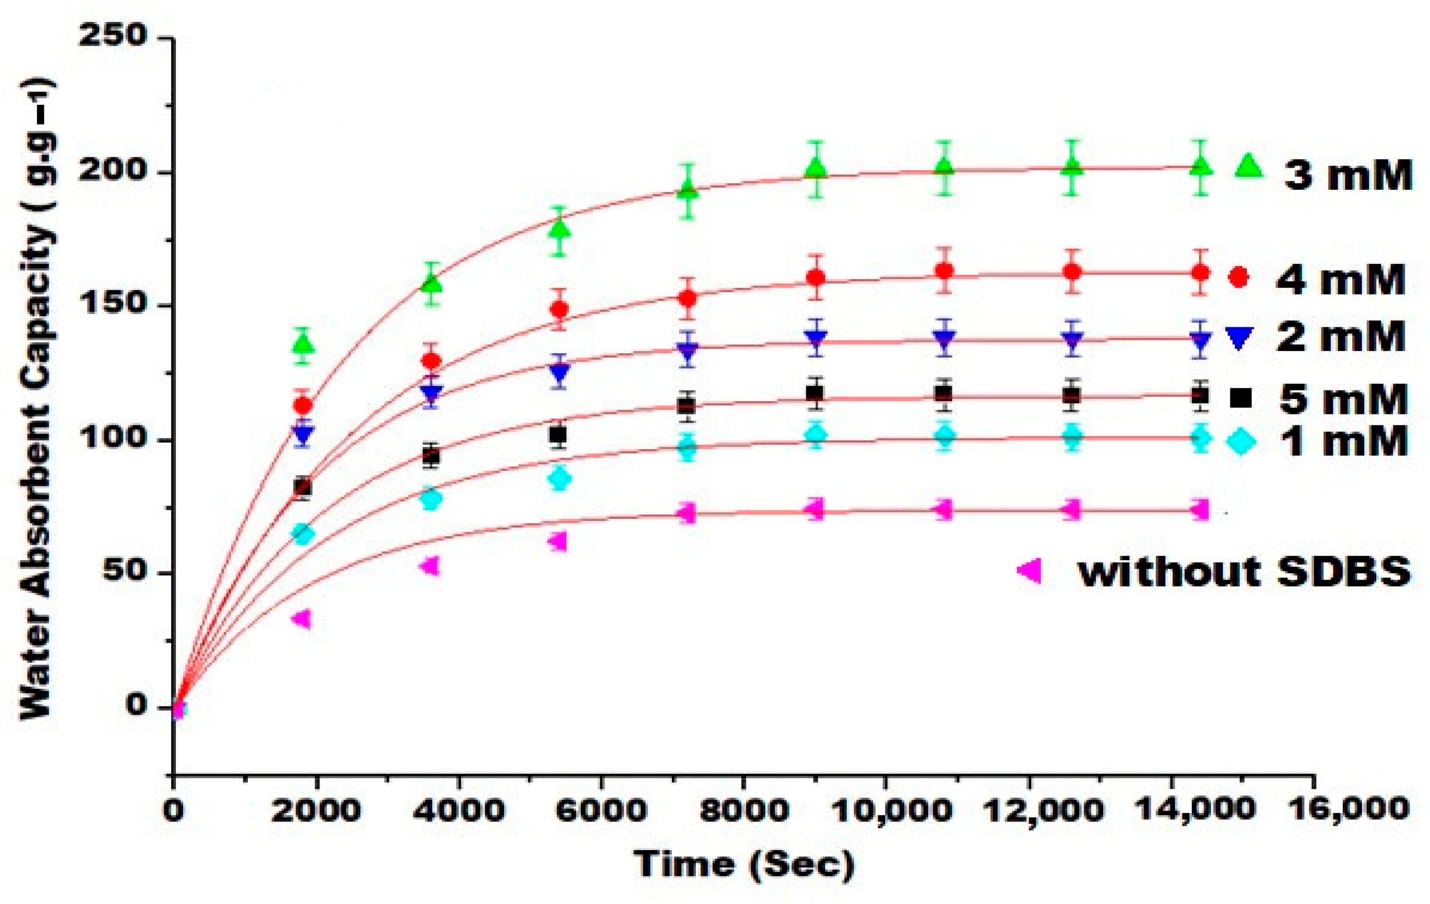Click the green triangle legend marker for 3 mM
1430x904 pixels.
1248,167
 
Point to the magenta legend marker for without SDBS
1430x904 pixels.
1029,571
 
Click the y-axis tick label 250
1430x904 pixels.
113,36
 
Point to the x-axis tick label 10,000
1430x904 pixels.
891,809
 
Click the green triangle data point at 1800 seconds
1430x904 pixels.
303,344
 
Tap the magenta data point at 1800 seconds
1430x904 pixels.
302,618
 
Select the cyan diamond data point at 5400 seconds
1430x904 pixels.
559,479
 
